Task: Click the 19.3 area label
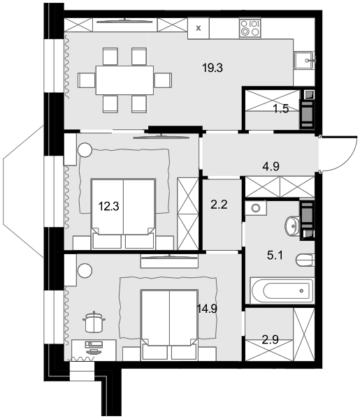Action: (x=213, y=68)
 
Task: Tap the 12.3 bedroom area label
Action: (x=108, y=206)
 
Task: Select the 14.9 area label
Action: (x=207, y=309)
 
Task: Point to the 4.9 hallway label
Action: (x=271, y=166)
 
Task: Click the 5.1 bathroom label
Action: (x=275, y=256)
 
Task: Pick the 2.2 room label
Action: (x=219, y=205)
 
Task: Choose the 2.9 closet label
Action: (x=270, y=340)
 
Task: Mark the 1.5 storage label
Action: (x=281, y=109)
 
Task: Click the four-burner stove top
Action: (x=250, y=28)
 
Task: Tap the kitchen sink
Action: (x=303, y=61)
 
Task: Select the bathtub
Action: (x=282, y=291)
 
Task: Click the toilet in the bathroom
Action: (x=305, y=260)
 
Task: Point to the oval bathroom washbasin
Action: (x=292, y=226)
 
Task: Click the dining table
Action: (x=124, y=80)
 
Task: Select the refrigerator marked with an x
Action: (x=199, y=28)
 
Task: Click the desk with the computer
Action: (x=94, y=350)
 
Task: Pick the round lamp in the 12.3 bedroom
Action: (x=85, y=150)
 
